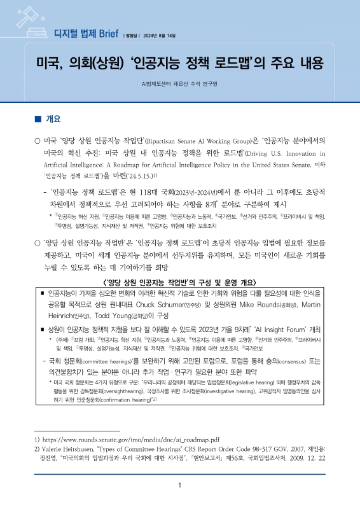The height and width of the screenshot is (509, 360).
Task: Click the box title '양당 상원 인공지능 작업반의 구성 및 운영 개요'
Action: (x=180, y=282)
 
